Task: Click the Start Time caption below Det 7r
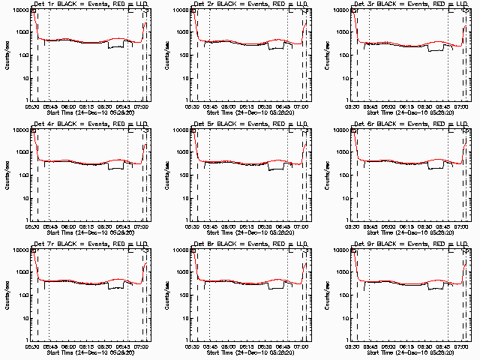pos(89,351)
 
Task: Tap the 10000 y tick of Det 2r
pos(181,10)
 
